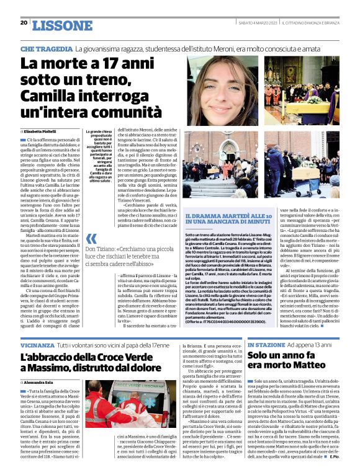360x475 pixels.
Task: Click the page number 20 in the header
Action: coord(24,22)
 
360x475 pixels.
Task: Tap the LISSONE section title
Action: coord(61,25)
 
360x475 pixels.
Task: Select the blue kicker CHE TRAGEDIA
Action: coord(46,48)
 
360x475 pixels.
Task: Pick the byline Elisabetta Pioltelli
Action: coord(45,133)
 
